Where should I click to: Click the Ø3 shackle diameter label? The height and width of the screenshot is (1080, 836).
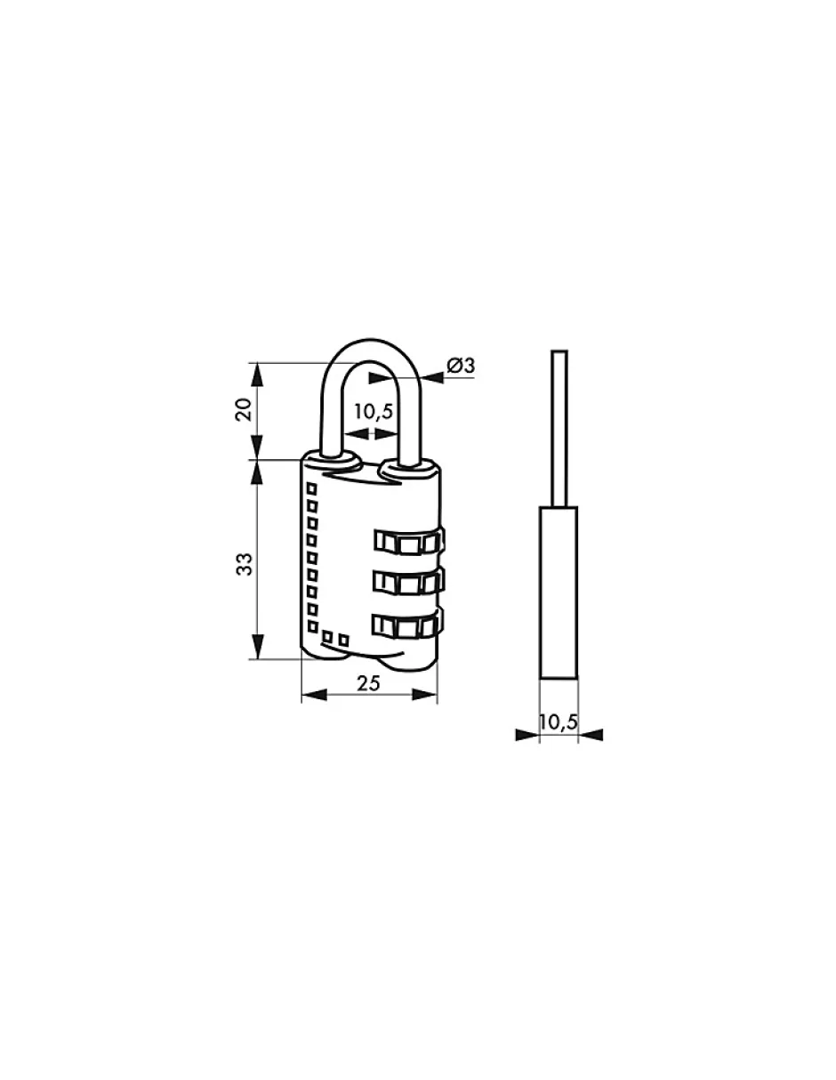[460, 366]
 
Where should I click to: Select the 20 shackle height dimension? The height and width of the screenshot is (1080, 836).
[244, 409]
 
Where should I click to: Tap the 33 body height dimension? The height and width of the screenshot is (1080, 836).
[244, 564]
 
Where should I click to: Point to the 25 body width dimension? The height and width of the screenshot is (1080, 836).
[368, 683]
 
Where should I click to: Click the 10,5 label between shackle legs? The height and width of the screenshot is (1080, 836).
[373, 412]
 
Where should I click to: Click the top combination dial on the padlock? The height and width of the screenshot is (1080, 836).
[408, 541]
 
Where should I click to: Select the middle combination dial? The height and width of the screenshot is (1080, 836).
[408, 582]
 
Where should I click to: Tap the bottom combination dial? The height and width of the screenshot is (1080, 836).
[408, 625]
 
